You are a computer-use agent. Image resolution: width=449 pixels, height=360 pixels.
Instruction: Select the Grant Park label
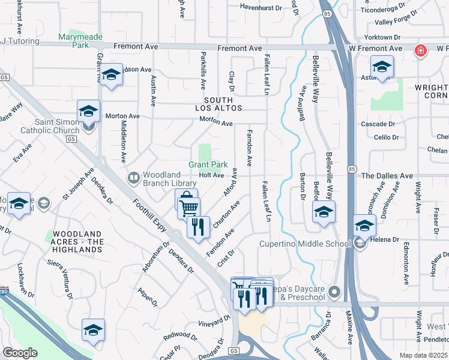click(x=208, y=164)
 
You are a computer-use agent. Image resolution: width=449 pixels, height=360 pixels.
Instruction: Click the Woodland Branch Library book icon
click(x=133, y=178)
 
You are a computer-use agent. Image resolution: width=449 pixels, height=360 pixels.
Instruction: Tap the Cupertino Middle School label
click(x=304, y=244)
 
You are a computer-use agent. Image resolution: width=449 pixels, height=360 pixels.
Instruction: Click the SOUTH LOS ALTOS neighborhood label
click(x=214, y=104)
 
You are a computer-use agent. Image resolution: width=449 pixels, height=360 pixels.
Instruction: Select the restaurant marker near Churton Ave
click(x=198, y=227)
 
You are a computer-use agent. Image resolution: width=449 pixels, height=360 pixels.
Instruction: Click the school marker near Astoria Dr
click(x=382, y=67)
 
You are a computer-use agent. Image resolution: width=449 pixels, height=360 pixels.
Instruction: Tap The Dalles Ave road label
click(x=387, y=176)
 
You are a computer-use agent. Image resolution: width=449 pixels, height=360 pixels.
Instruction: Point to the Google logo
click(x=20, y=353)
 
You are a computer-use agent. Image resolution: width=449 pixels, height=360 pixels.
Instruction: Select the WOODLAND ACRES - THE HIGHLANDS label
click(x=79, y=238)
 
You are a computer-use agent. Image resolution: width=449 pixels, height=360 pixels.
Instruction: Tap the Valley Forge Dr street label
click(x=396, y=22)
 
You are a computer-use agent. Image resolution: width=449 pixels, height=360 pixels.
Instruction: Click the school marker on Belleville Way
click(x=324, y=212)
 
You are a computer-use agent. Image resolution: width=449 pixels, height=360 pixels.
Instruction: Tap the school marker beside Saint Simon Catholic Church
click(x=88, y=111)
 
